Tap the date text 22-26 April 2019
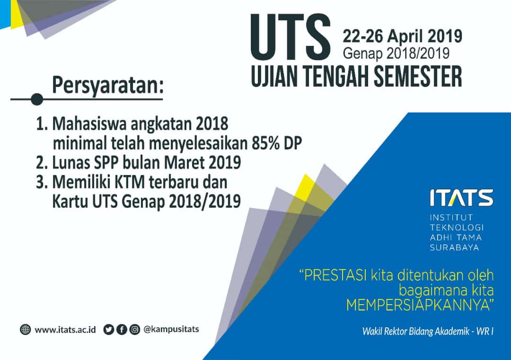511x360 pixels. (x=403, y=36)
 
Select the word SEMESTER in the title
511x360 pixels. (x=418, y=76)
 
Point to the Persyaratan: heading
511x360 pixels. (x=107, y=85)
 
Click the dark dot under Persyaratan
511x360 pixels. (x=37, y=99)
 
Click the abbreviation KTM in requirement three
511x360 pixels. (x=130, y=182)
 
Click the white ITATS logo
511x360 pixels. (x=461, y=197)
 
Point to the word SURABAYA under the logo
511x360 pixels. (x=454, y=247)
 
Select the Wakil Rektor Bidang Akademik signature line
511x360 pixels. (x=428, y=331)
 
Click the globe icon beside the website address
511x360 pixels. (x=25, y=330)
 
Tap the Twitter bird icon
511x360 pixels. (x=108, y=330)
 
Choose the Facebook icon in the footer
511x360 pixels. (x=122, y=330)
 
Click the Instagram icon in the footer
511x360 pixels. (x=134, y=330)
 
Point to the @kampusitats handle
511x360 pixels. (x=171, y=329)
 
